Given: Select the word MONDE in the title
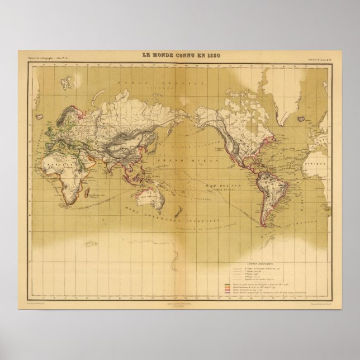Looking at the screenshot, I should tap(163, 54).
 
